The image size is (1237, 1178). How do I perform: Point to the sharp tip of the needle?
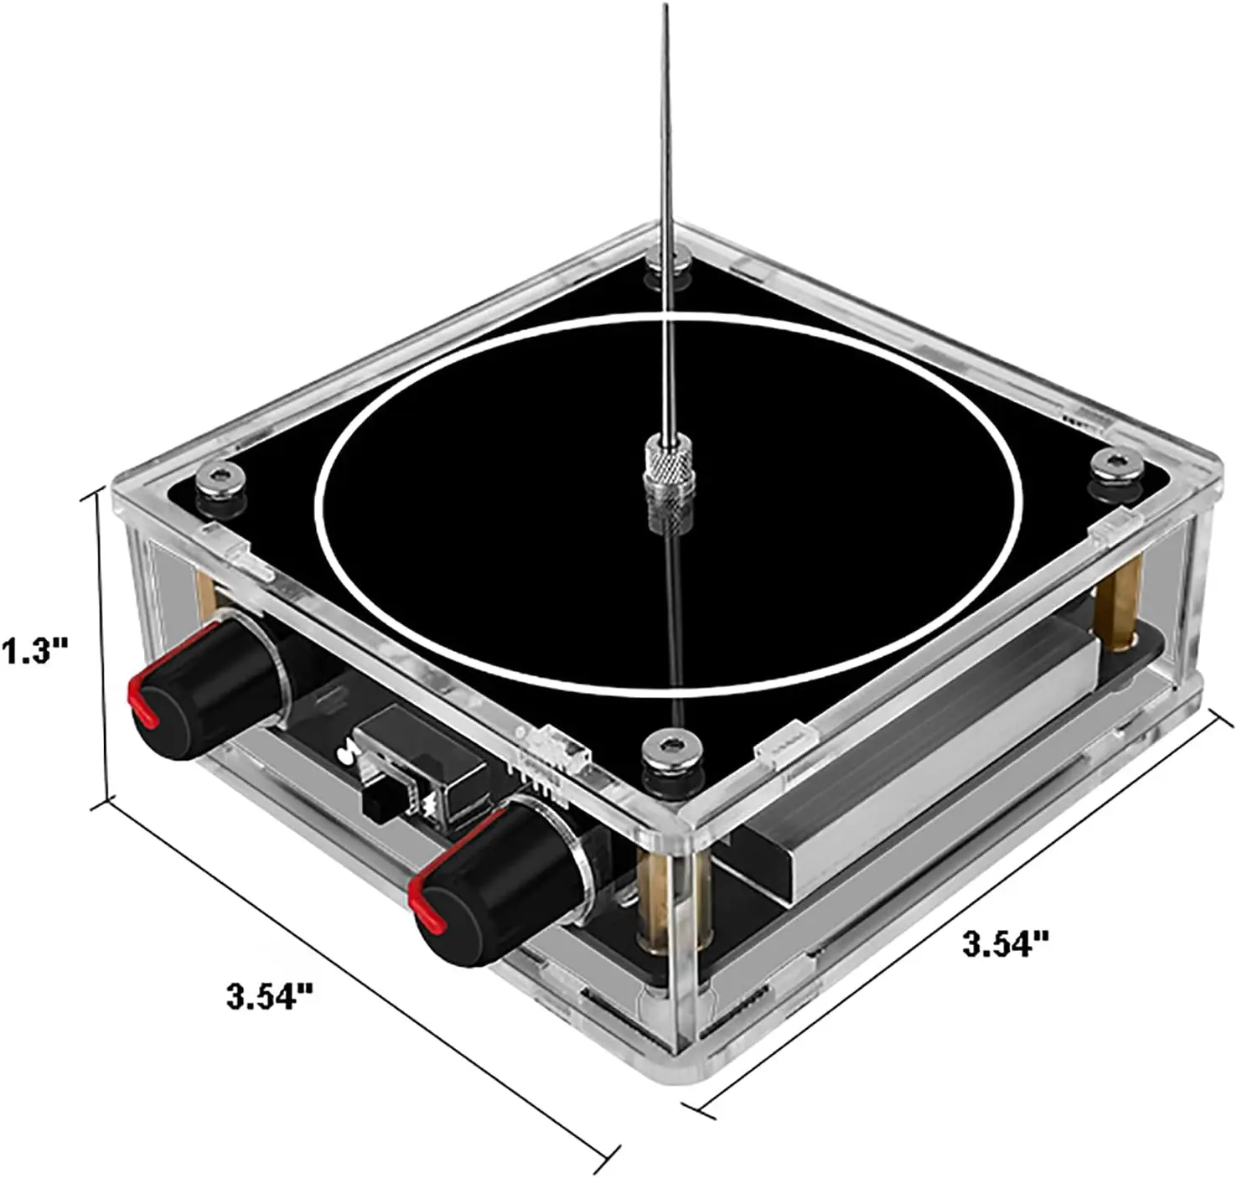[x=666, y=5]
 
